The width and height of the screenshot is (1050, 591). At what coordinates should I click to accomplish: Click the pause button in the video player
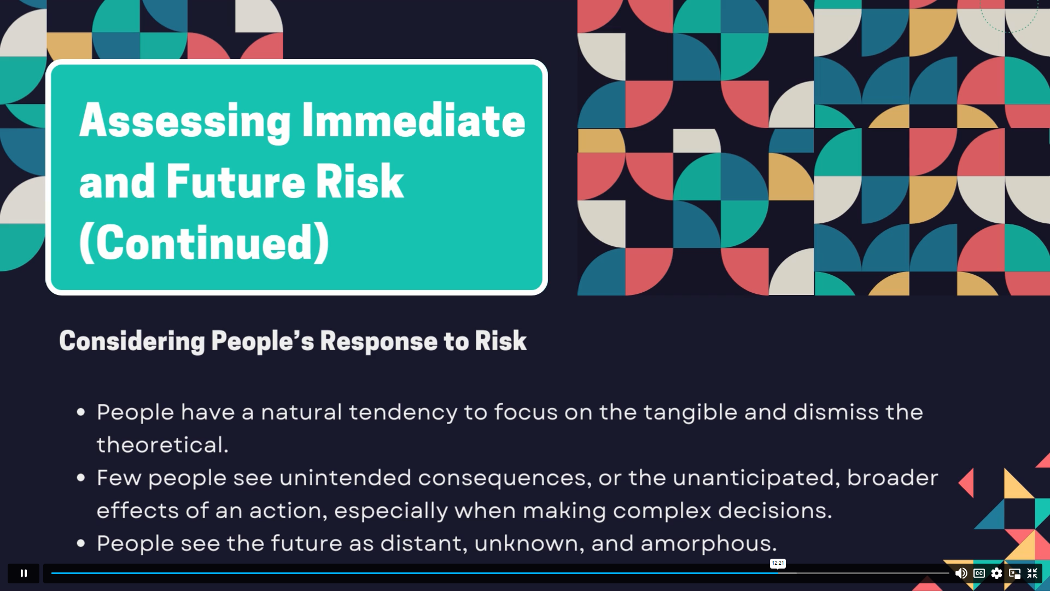(24, 573)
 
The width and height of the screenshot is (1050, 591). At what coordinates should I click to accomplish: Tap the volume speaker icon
(961, 573)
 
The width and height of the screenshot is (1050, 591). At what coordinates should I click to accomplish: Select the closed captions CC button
(979, 573)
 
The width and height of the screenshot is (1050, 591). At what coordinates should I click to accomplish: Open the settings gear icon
(996, 573)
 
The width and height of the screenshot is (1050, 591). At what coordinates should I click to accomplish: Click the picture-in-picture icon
(1014, 573)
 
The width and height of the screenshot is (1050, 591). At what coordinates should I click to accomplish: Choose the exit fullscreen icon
(1032, 573)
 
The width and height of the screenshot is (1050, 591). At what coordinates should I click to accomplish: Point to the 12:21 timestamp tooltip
(778, 563)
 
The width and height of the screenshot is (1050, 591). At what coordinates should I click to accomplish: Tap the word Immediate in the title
(413, 120)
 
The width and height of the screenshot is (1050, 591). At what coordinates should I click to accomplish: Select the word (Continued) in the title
(205, 242)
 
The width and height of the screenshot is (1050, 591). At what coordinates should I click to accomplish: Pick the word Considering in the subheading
(132, 341)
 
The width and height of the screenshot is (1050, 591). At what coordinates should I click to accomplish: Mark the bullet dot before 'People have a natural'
(81, 412)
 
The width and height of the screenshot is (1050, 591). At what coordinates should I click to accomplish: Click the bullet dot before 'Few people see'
(81, 478)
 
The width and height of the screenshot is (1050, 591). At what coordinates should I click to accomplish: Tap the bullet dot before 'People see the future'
(81, 543)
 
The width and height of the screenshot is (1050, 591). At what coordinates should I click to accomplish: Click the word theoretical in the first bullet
(162, 445)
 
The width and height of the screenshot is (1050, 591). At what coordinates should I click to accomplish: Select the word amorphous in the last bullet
(708, 543)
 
